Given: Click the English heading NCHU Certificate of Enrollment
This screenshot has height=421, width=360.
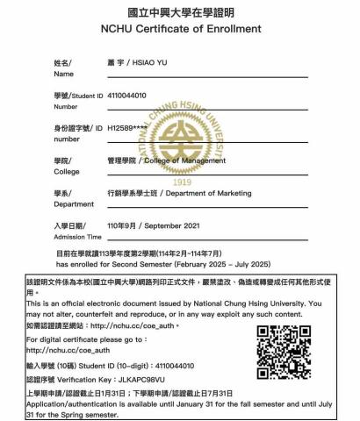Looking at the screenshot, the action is pyautogui.click(x=179, y=29).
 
